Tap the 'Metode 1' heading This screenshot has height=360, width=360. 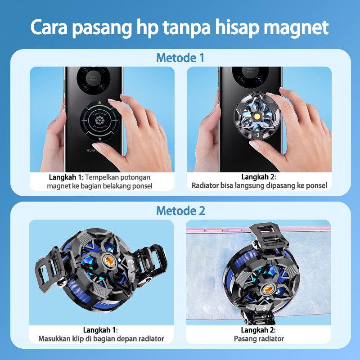[x=180, y=58]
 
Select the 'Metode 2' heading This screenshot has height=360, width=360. [x=180, y=211]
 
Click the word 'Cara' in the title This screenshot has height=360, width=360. [x=49, y=27]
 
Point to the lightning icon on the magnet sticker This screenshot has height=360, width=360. [x=99, y=120]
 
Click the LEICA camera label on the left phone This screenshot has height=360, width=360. [x=93, y=77]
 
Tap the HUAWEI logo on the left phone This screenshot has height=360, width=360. [x=92, y=150]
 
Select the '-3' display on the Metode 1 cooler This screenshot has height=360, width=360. [x=256, y=135]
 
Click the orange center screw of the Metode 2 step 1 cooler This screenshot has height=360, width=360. [x=109, y=261]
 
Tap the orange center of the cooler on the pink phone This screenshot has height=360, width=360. [x=268, y=289]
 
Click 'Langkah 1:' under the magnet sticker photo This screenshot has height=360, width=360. [x=66, y=177]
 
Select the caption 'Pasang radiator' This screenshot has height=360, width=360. [x=259, y=339]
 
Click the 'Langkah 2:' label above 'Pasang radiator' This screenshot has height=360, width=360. [x=258, y=330]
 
